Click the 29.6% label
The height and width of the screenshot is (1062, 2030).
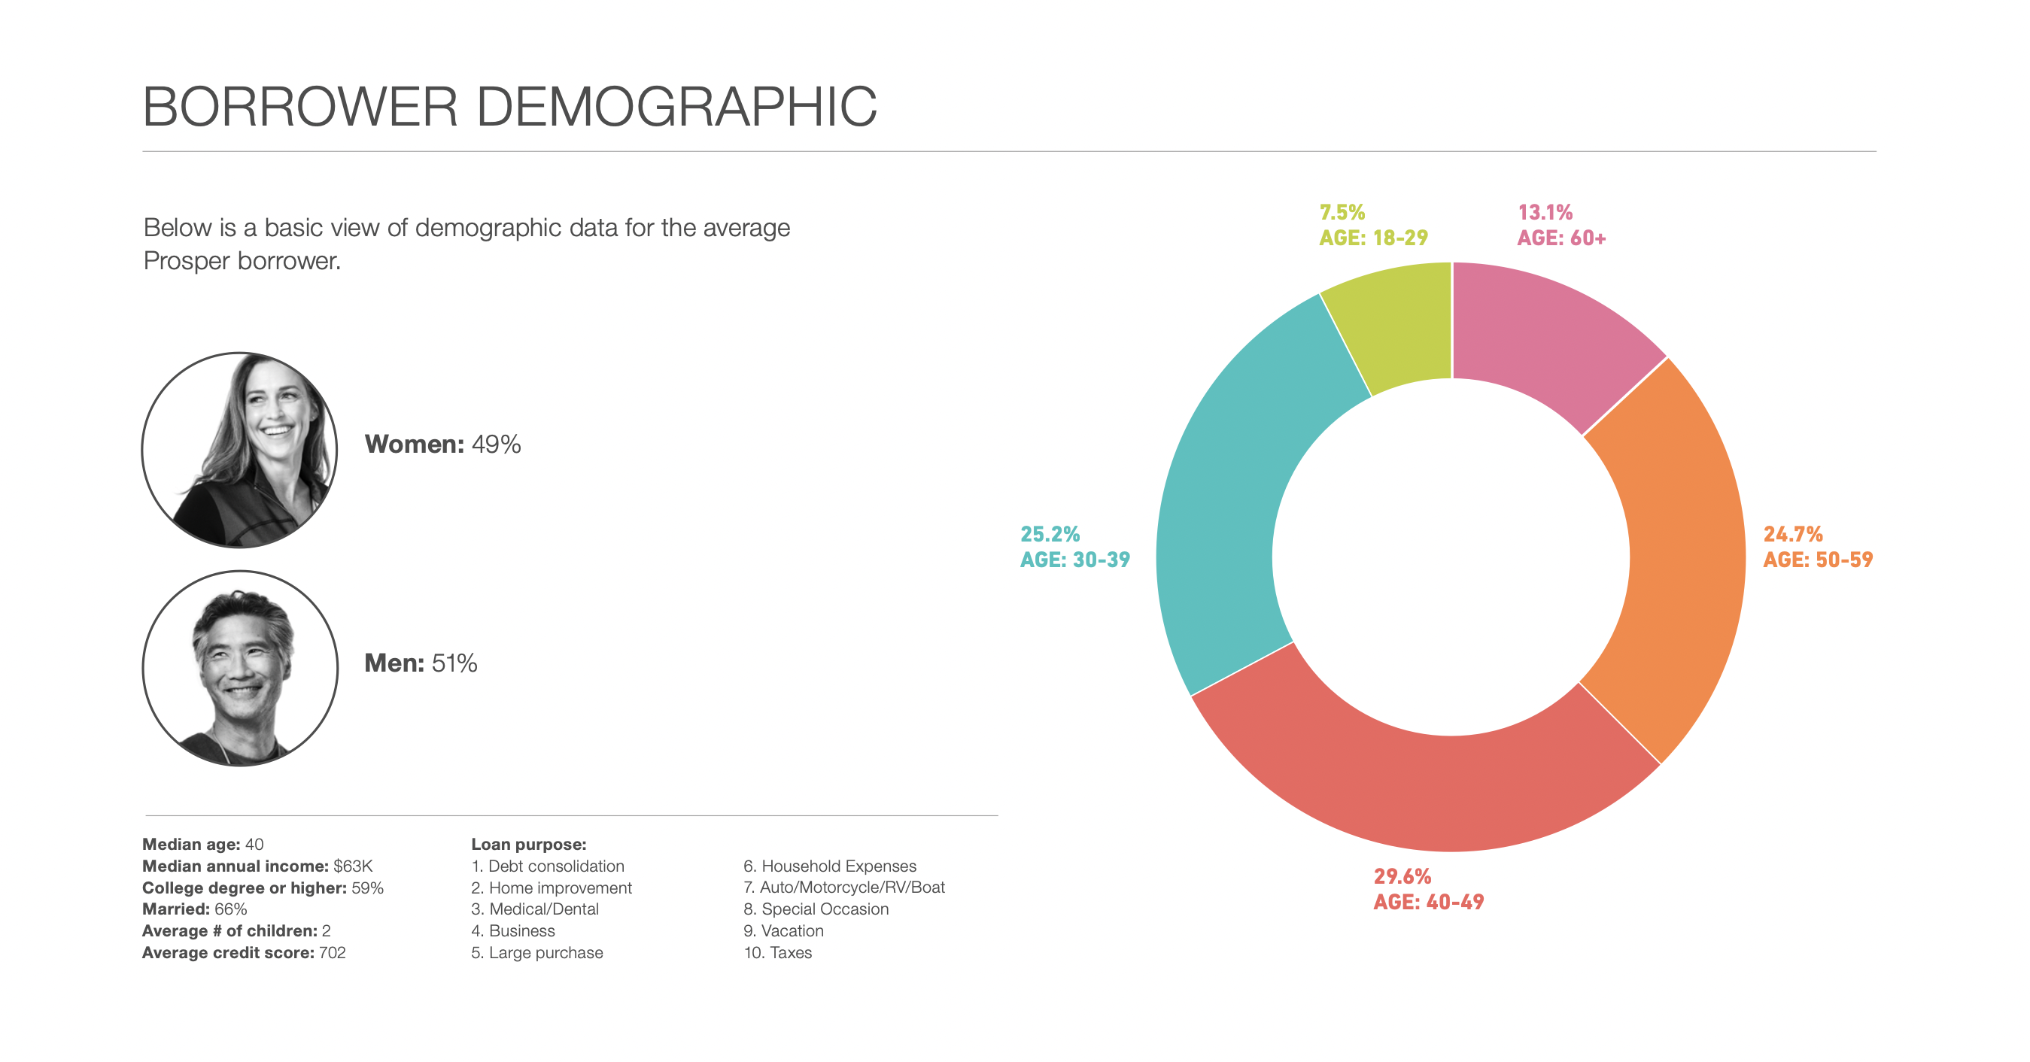[x=1402, y=876]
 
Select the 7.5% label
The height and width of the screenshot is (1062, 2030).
[x=1342, y=213]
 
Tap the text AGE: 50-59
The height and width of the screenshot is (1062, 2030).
[x=1817, y=560]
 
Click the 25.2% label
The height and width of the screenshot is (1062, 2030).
[x=1050, y=534]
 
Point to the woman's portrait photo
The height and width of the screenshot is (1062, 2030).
[x=239, y=450]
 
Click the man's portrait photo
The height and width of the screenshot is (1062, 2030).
[x=239, y=668]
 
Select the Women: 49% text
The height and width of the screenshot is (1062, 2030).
[x=442, y=445]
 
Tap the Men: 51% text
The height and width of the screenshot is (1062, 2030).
[x=420, y=663]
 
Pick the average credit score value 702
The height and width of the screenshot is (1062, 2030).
[x=332, y=952]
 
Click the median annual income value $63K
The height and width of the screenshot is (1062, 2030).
[x=352, y=866]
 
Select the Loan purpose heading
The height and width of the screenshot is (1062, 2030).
[x=528, y=845]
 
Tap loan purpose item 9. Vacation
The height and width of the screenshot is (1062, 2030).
[x=783, y=930]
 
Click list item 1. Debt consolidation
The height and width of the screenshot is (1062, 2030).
[x=548, y=866]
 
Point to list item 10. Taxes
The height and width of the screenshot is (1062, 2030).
[x=777, y=952]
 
